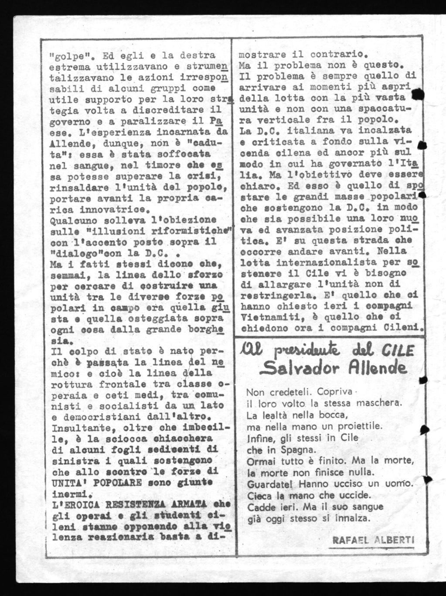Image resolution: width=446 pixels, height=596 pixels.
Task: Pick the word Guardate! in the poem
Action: [x=265, y=484]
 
